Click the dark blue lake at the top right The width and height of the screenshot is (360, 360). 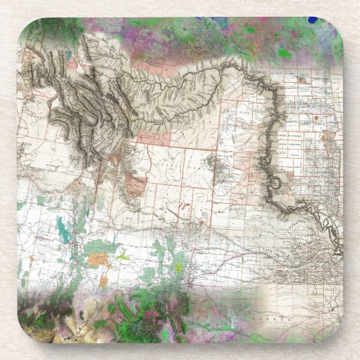click(312, 20)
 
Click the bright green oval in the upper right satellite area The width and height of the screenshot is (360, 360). click(285, 54)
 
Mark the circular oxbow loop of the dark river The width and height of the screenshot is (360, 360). click(278, 183)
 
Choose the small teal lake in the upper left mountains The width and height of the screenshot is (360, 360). click(68, 55)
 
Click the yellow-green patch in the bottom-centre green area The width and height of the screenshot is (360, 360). click(178, 268)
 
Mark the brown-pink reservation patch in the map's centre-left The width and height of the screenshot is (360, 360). click(134, 184)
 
